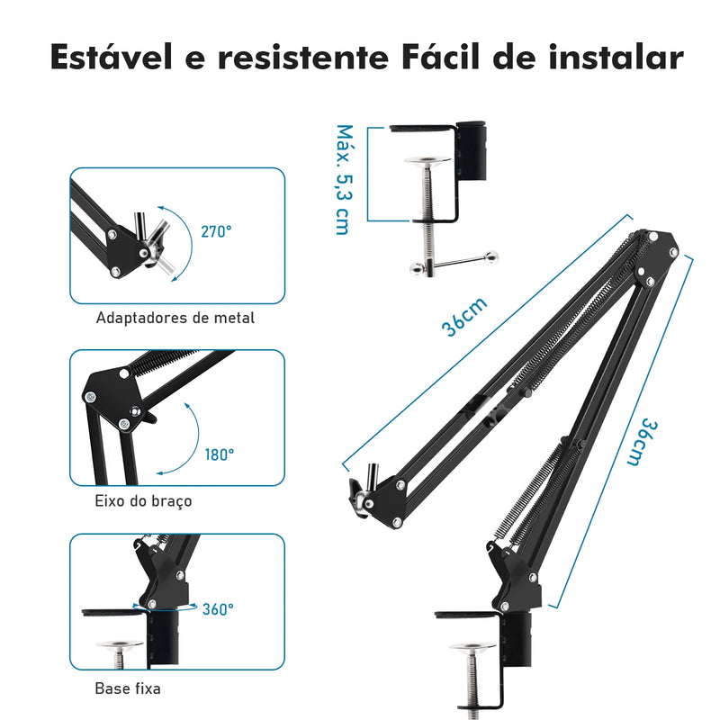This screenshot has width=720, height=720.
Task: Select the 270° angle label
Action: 216,231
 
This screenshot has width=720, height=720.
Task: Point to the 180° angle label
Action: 220,454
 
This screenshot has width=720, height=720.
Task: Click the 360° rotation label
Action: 218,609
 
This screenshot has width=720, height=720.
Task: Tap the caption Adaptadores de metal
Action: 175,318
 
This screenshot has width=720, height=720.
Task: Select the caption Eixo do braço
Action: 143,501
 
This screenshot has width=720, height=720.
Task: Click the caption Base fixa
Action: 128,688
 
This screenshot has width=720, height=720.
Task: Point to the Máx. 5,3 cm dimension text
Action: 345,179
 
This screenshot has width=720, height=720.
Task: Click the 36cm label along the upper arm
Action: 463,317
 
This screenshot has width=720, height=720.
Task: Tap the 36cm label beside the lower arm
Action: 643,442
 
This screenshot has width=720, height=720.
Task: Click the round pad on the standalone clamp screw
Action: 427,161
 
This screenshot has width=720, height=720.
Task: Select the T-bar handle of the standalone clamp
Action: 454,264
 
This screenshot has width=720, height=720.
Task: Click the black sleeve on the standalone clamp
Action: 472,150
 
